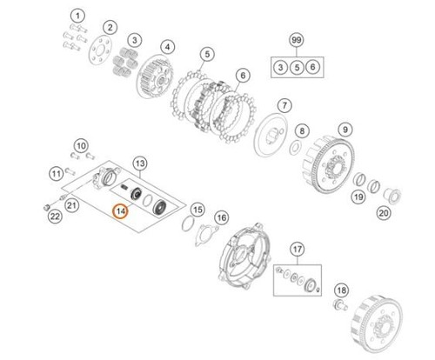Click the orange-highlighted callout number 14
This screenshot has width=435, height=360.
(121, 211)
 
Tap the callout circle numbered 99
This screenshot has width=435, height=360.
(297, 40)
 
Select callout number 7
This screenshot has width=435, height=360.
(284, 105)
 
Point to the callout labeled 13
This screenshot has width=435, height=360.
(140, 163)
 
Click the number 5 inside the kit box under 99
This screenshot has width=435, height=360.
(297, 68)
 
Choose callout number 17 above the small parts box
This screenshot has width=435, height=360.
(298, 250)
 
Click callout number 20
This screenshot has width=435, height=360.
(384, 213)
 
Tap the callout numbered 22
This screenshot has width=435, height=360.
(55, 216)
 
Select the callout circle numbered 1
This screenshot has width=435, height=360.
(77, 17)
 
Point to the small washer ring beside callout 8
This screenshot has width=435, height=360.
(295, 148)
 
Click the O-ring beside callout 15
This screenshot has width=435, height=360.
(187, 223)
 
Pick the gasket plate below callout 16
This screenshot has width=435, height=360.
(206, 236)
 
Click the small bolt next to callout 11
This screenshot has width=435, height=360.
(70, 171)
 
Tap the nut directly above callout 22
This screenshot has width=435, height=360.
(45, 207)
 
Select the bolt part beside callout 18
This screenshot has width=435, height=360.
(340, 305)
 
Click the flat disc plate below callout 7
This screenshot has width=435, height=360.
(271, 136)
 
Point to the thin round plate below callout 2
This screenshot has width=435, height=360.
(100, 51)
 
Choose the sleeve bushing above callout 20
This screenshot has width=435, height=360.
(391, 196)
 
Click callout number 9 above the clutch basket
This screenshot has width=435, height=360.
(345, 130)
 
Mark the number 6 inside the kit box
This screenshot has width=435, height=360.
(312, 67)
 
